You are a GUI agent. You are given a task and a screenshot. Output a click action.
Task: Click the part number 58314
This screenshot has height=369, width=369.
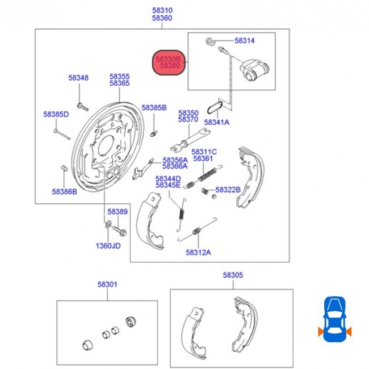coord(245,41)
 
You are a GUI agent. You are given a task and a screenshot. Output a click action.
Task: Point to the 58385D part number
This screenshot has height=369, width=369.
coord(56,114)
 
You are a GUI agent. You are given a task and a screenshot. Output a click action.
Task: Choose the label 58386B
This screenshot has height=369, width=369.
coord(64,192)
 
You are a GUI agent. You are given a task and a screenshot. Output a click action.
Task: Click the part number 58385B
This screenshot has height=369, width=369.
coord(154,107)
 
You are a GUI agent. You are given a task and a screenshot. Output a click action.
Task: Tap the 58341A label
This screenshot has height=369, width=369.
coord(217,122)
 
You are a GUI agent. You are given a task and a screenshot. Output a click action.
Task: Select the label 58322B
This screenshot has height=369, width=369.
coord(228,189)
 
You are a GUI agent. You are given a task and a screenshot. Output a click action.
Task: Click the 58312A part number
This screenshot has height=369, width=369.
coord(198,253)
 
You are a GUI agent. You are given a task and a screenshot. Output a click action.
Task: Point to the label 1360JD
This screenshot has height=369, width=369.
coord(108,246)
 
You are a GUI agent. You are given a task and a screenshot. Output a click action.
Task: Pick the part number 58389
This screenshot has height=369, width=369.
coord(118,211)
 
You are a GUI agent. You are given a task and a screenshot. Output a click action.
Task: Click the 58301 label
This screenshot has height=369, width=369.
coord(107,284)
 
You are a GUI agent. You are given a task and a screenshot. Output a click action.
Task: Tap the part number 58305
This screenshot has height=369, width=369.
coord(233,275)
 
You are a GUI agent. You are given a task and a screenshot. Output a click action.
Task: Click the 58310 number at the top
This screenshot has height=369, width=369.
coord(162,10)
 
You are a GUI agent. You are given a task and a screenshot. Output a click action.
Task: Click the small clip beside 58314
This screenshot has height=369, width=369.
coord(209,40)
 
